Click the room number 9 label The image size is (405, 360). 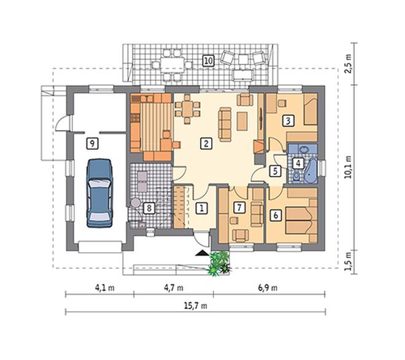[92, 144]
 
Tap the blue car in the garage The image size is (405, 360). [99, 193]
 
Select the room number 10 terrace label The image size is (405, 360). [209, 61]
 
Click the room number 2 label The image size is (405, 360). [206, 144]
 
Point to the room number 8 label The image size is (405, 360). [149, 208]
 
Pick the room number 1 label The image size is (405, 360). [202, 208]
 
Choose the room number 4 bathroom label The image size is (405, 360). [298, 163]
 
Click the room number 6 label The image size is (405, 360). [276, 215]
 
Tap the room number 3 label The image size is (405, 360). [288, 121]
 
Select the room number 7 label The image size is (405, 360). [239, 207]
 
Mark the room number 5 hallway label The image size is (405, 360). [275, 171]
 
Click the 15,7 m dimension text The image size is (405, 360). [195, 306]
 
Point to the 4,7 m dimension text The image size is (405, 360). [174, 288]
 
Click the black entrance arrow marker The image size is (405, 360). [202, 253]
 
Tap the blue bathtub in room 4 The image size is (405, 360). [310, 170]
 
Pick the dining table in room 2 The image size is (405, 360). [188, 109]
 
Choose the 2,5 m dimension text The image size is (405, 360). [349, 64]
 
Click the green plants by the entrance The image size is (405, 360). [218, 262]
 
